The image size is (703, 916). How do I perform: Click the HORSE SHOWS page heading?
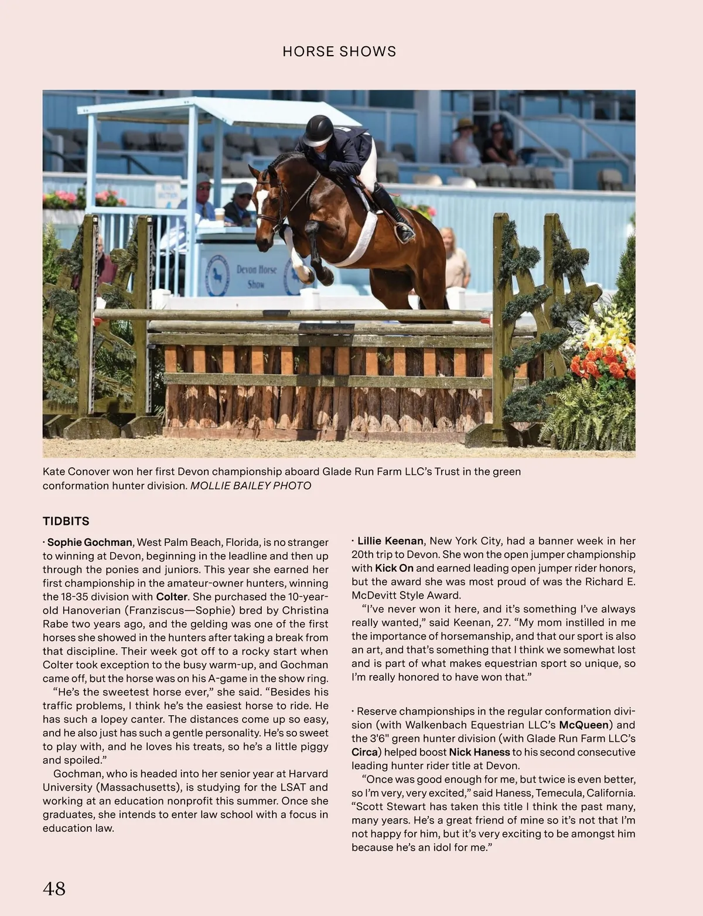[x=339, y=52]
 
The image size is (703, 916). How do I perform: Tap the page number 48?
[x=54, y=888]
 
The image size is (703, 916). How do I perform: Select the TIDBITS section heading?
[x=66, y=521]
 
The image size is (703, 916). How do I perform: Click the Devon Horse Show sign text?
[x=256, y=276]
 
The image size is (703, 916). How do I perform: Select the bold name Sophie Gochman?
[x=90, y=542]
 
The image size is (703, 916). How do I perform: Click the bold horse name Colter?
[x=172, y=597]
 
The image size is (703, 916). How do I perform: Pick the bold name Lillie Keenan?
[x=390, y=541]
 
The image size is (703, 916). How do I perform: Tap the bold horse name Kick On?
[x=394, y=568]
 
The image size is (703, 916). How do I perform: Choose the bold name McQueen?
[x=584, y=725]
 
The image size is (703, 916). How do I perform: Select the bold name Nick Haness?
[x=479, y=752]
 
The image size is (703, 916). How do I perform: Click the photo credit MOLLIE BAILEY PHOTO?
[x=251, y=486]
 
